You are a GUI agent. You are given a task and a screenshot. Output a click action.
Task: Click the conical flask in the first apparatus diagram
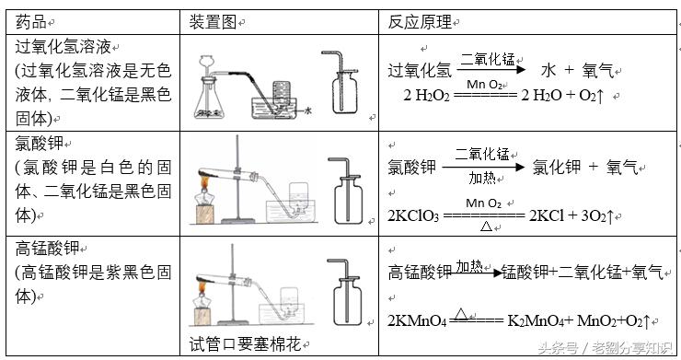click(213, 97)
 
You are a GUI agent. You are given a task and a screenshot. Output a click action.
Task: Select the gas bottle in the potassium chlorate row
click(347, 199)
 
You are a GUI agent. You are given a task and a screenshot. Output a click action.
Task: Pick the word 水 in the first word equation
click(549, 69)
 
